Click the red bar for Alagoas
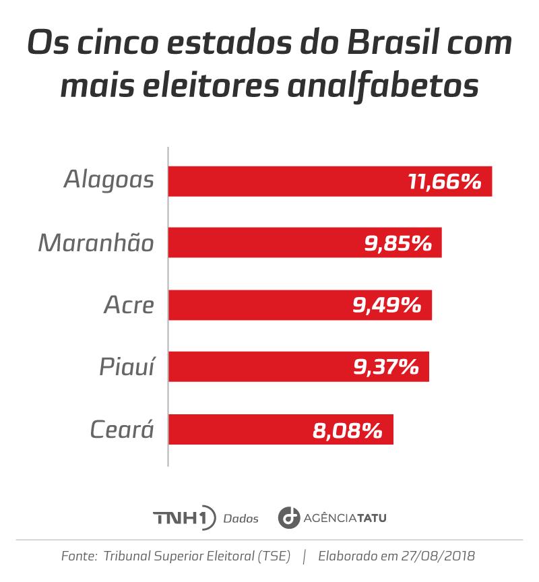coord(283,181)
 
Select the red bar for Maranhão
coord(263,243)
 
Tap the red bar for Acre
coord(256,305)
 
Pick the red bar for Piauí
coord(256,366)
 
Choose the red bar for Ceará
coord(236,429)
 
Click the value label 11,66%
coord(445,181)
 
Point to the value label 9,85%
coord(398,243)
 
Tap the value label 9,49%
coord(387,305)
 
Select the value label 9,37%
coord(386,367)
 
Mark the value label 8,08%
coord(348,430)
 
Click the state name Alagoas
coord(109,181)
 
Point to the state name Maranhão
coord(96,243)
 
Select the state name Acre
coord(129,305)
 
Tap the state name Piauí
coord(127,367)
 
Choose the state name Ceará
coord(122,429)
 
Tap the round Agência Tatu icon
coord(289,518)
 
